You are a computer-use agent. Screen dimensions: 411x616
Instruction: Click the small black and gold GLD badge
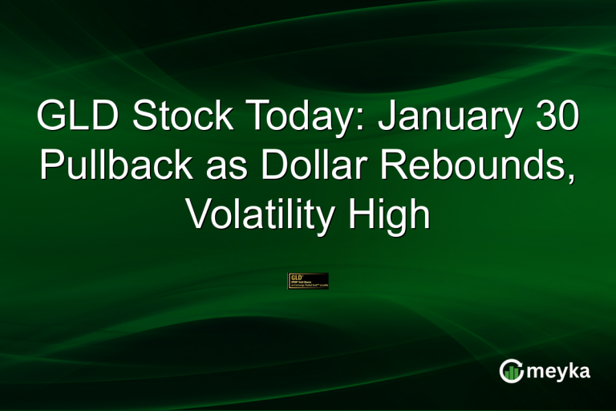[308, 281]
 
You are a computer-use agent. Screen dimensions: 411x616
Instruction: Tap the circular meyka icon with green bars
[512, 370]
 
